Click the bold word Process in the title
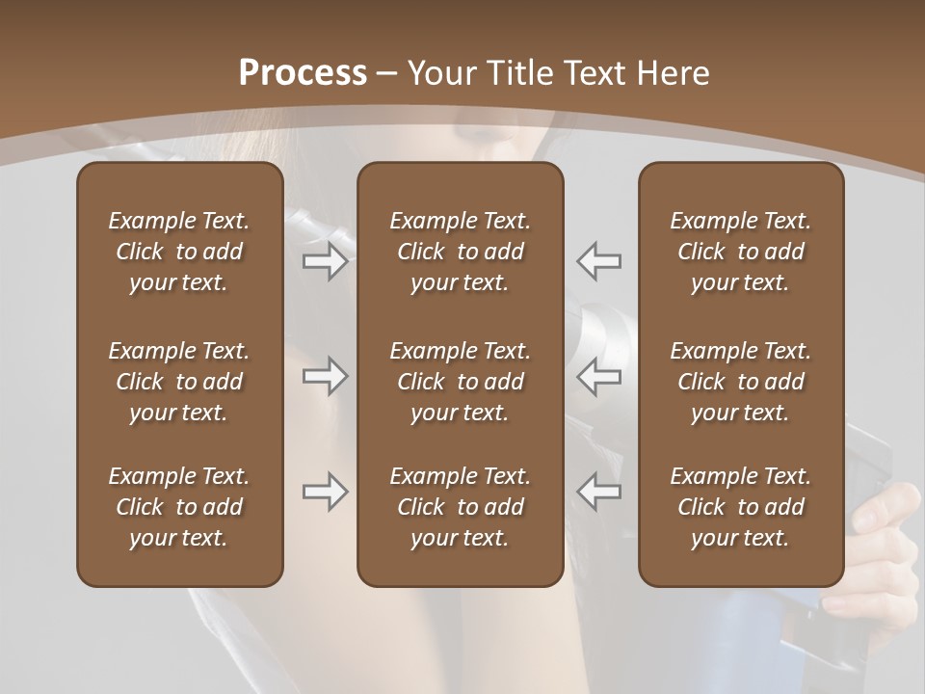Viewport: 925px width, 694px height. point(303,73)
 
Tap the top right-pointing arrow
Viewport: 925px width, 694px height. point(325,261)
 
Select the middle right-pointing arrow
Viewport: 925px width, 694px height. point(325,376)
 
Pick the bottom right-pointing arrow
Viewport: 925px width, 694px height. point(325,492)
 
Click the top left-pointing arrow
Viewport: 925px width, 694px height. point(599,261)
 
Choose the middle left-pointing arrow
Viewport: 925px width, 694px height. point(599,376)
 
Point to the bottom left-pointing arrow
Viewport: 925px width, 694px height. point(599,492)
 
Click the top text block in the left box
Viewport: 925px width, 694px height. point(179,252)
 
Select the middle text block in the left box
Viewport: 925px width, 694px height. point(179,382)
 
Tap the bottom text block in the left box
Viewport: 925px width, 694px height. point(179,507)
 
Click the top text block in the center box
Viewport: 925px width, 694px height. point(460,252)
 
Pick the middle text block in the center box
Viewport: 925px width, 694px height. point(460,382)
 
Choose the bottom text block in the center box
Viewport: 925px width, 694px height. point(460,507)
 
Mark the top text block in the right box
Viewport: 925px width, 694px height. point(740,252)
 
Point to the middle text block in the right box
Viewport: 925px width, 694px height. point(740,382)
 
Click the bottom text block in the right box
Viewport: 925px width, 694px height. point(740,507)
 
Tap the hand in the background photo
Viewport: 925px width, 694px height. point(886,549)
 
